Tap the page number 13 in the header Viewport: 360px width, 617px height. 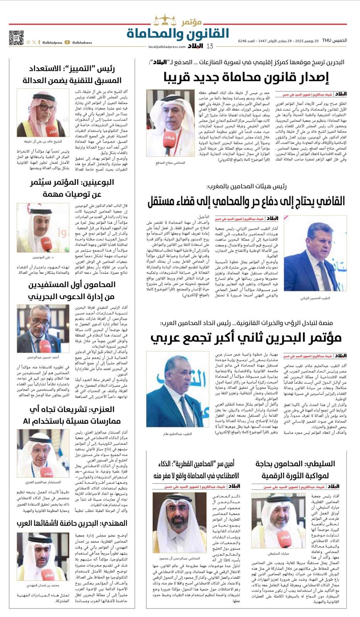click(210, 46)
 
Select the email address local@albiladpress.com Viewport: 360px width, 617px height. click(167, 47)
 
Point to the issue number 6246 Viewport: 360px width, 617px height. click(243, 40)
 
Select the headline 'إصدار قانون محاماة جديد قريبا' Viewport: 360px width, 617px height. click(246, 77)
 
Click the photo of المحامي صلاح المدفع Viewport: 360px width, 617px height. click(170, 123)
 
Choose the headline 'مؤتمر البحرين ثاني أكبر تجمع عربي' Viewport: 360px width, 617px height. click(246, 338)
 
